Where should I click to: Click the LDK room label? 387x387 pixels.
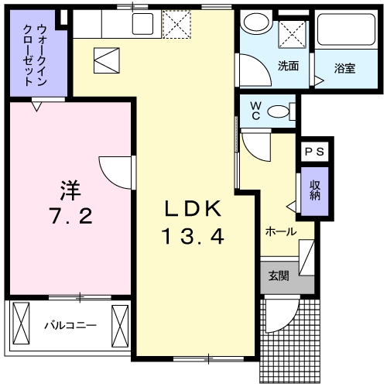[193, 208]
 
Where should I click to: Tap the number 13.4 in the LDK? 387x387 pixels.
[193, 236]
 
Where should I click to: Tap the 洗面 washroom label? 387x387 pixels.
[288, 66]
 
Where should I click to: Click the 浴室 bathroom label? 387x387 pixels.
[344, 67]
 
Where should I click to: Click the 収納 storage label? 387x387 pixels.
[315, 190]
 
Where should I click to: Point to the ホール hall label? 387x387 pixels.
[280, 231]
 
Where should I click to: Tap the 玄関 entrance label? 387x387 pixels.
[279, 275]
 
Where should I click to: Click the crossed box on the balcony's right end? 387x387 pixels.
[120, 319]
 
